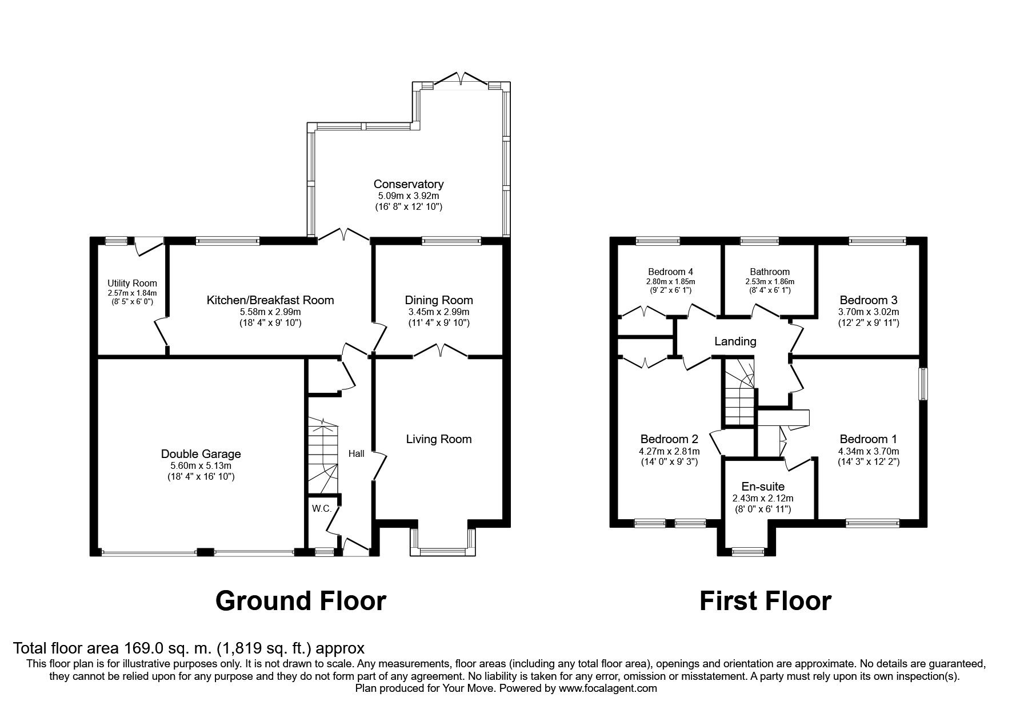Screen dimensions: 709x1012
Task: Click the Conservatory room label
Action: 408,184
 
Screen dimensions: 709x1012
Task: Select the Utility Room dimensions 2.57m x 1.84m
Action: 132,293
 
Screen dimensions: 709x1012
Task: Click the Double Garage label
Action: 201,454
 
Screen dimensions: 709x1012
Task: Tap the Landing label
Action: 735,341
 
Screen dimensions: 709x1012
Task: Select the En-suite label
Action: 763,487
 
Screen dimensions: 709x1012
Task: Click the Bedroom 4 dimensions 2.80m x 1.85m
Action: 670,281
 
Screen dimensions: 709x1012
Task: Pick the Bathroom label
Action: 770,272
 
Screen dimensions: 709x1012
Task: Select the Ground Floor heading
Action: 301,601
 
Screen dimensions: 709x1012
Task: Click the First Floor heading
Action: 765,601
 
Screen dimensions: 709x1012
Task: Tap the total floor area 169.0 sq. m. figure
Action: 161,648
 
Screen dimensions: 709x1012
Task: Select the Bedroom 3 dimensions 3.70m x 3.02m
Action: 868,312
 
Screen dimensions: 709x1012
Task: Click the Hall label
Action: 356,453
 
